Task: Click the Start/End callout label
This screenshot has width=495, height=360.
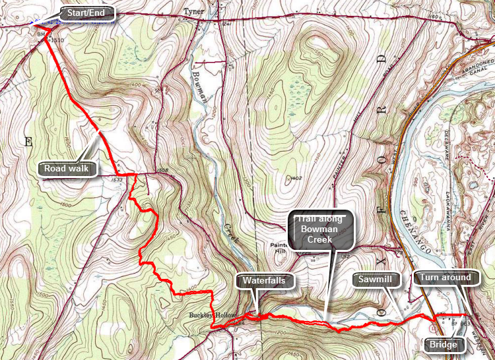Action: [88, 13]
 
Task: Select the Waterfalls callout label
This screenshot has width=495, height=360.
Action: [263, 280]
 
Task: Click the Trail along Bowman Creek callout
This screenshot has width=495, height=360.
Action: [321, 230]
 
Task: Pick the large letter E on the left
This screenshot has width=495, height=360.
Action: [28, 141]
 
